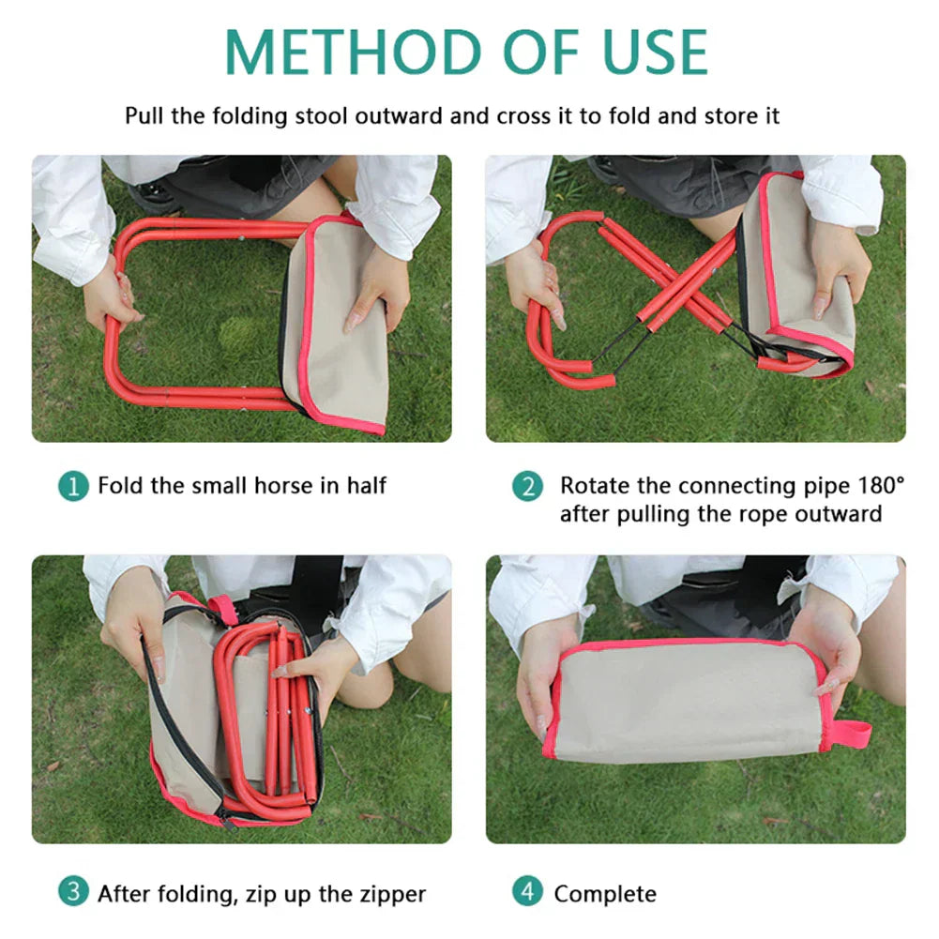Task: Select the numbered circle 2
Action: click(x=528, y=486)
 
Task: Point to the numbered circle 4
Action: click(x=528, y=892)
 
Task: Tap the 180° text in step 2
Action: click(x=881, y=486)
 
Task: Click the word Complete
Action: click(x=605, y=893)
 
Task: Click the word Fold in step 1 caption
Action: click(x=117, y=486)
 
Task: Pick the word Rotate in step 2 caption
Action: click(x=592, y=486)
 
